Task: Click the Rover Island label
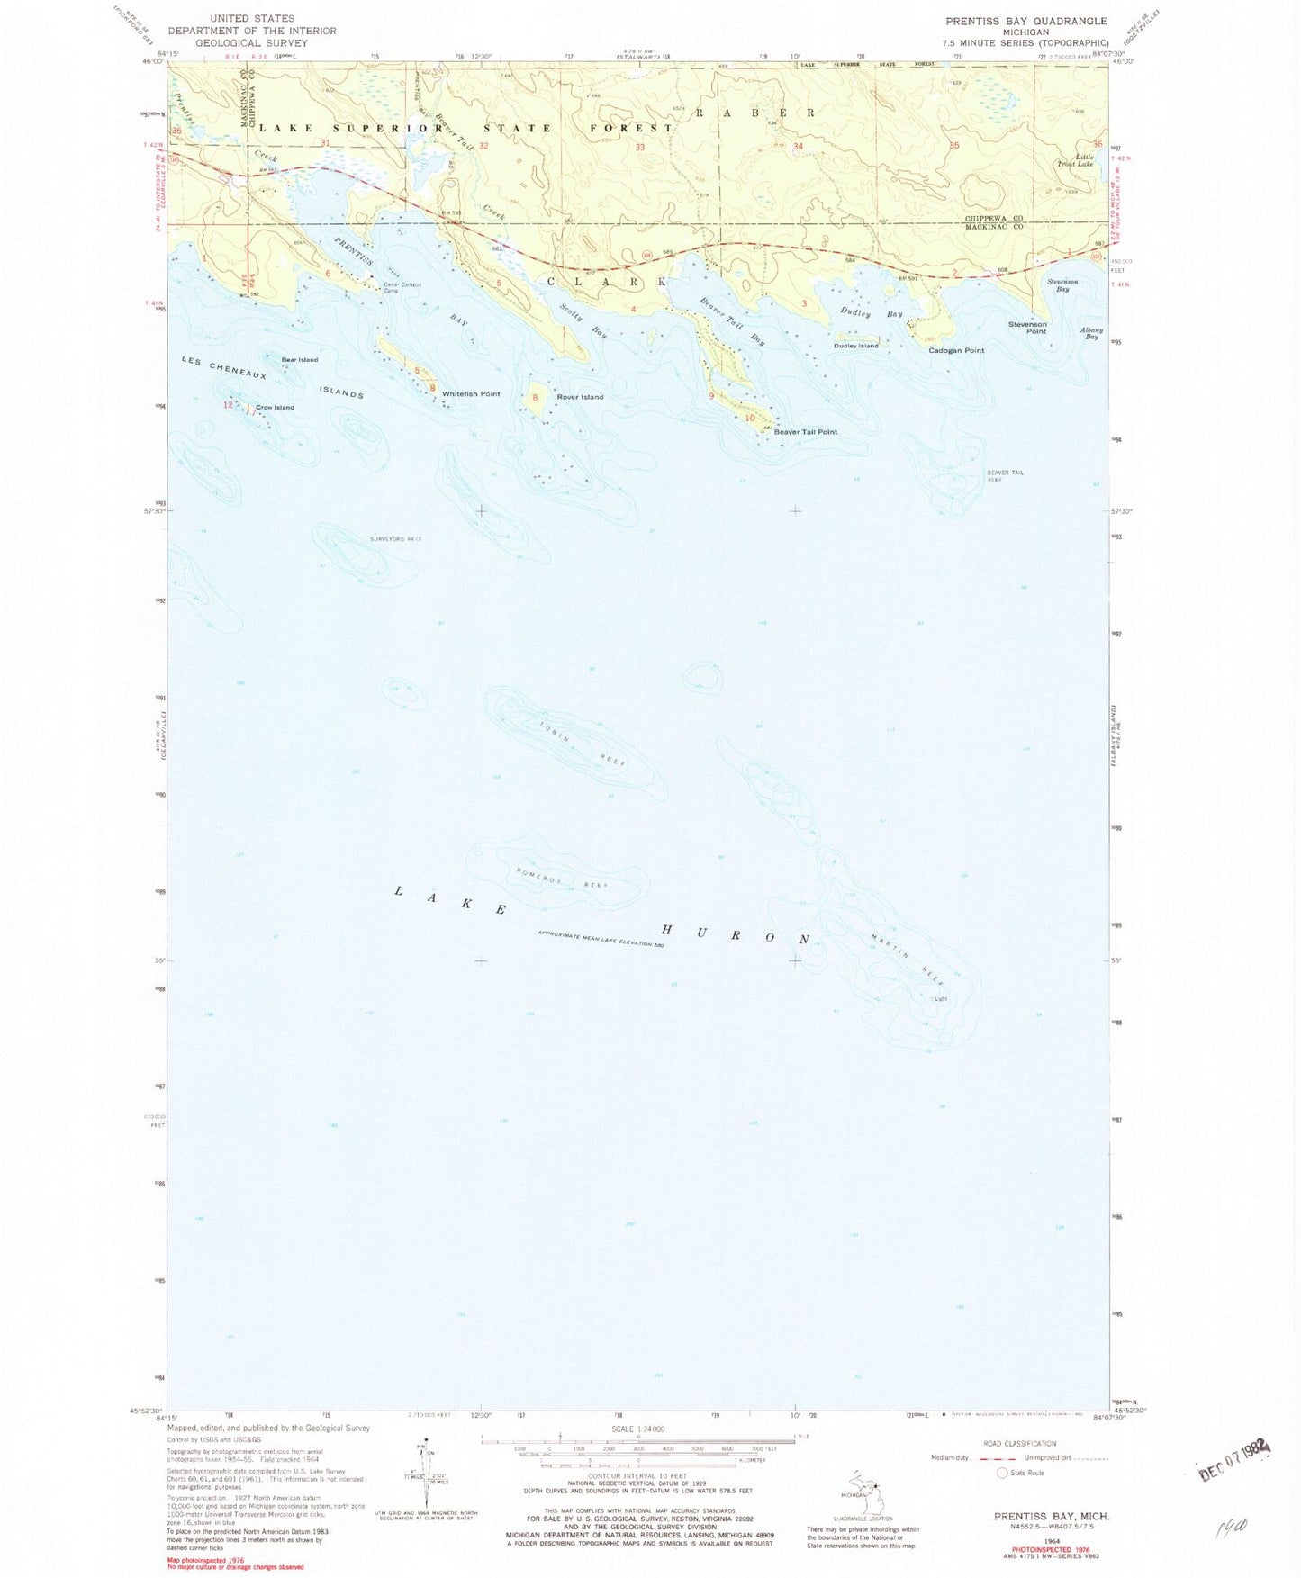point(580,397)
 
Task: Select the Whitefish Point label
point(471,394)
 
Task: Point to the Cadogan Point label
point(956,350)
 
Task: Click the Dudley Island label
point(855,346)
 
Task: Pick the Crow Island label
point(275,408)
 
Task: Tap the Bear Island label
point(299,360)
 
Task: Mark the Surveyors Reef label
point(395,538)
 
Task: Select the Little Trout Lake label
point(1078,160)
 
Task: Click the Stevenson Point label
point(1027,328)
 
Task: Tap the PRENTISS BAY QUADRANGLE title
point(1025,21)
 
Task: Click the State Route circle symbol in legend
point(1002,1473)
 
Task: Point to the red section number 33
point(640,147)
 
